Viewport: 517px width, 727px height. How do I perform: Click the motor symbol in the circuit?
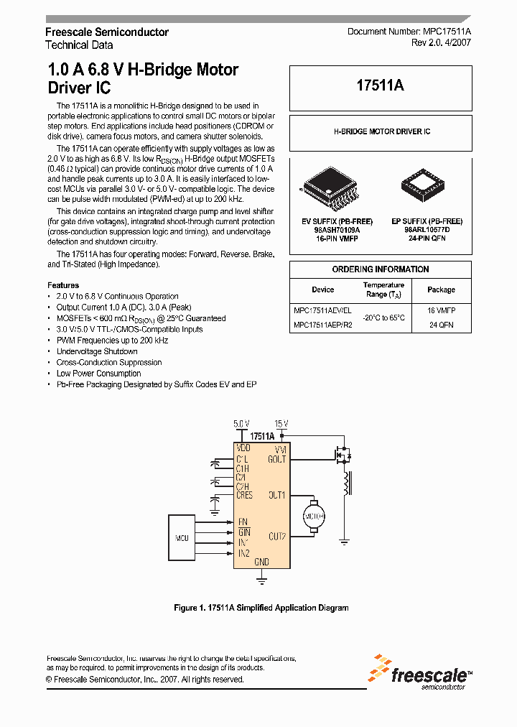(315, 516)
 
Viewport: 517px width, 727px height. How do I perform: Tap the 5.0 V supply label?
(242, 423)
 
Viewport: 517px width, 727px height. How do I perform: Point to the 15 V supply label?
(281, 423)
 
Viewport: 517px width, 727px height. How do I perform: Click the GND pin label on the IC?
(261, 562)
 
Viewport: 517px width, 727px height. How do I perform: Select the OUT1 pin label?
(277, 495)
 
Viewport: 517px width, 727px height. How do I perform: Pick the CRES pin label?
(244, 496)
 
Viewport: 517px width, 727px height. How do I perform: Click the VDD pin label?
(243, 448)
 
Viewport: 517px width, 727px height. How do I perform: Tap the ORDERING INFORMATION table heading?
(381, 269)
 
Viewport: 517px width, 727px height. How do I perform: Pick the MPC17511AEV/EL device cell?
(322, 310)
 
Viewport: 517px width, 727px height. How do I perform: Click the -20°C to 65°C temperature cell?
(384, 317)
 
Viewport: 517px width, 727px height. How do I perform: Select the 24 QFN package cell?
(441, 325)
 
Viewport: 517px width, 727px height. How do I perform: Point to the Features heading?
(63, 285)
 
